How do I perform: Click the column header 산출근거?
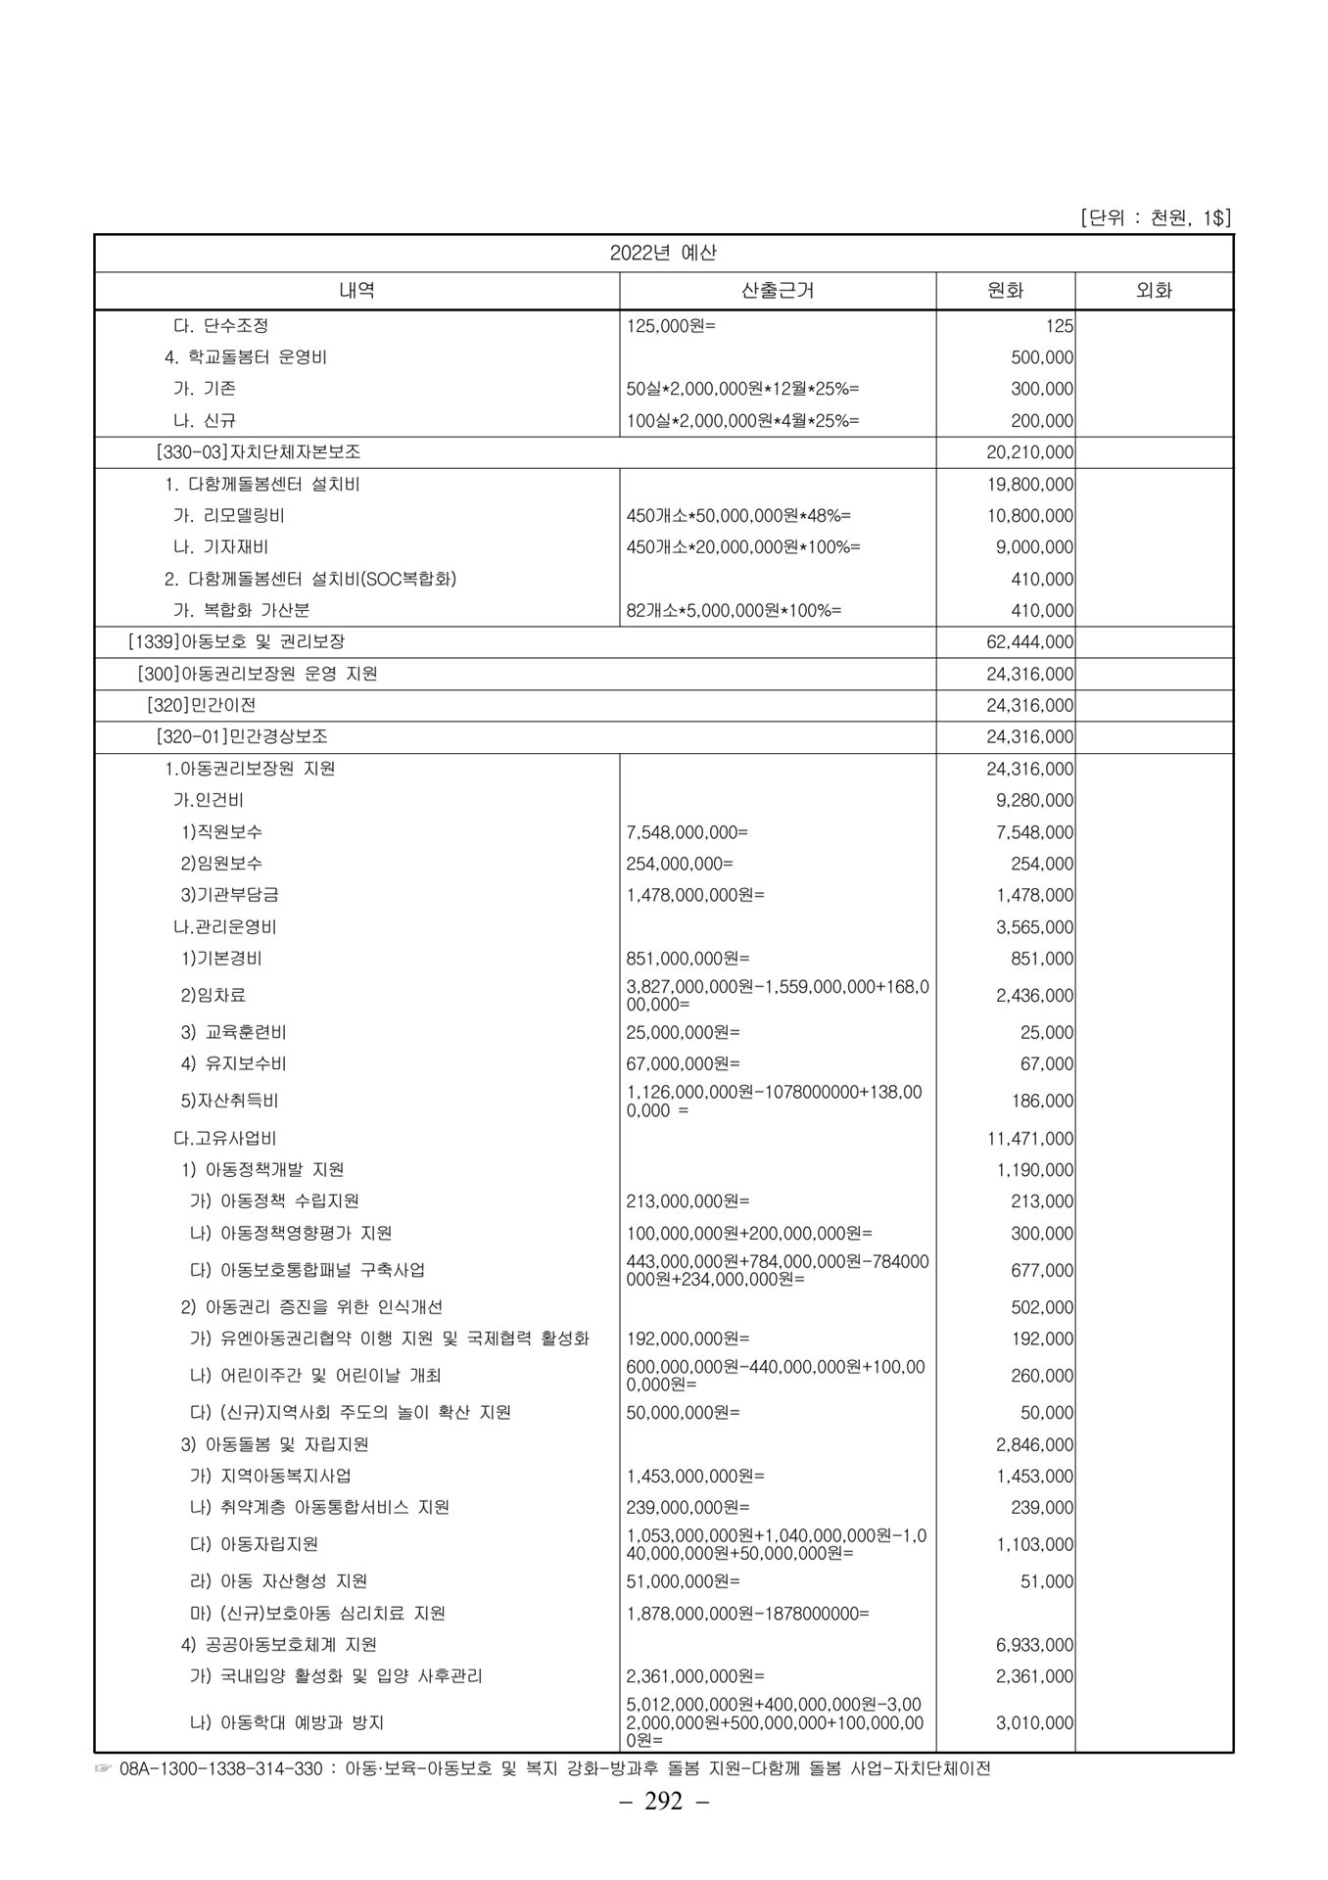(778, 290)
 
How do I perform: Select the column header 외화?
(1153, 290)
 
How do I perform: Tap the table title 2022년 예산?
(663, 253)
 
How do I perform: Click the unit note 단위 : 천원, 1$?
(1156, 218)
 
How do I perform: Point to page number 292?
(663, 1829)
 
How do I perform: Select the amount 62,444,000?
(1029, 642)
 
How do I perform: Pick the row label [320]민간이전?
(201, 705)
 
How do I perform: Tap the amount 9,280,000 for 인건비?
(1034, 801)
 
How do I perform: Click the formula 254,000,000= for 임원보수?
(680, 864)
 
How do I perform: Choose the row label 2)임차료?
(213, 995)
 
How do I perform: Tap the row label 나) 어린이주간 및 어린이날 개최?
(315, 1376)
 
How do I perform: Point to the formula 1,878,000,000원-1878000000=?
(747, 1613)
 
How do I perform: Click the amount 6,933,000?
(1034, 1645)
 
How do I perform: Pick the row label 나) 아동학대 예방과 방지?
(287, 1721)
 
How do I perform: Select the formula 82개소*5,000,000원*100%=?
(734, 611)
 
